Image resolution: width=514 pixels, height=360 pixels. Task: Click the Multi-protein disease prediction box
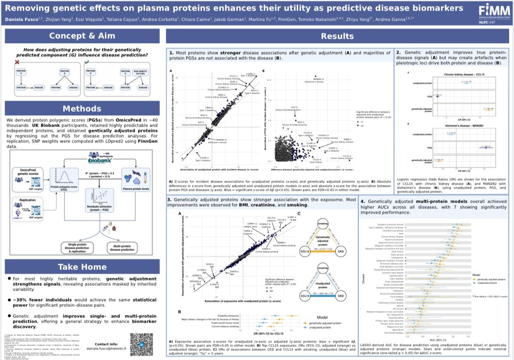pyautogui.click(x=121, y=247)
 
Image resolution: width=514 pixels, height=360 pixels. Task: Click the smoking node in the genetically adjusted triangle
pyautogui.click(x=322, y=223)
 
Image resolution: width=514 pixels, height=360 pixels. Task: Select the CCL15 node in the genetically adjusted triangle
pyautogui.click(x=303, y=251)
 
